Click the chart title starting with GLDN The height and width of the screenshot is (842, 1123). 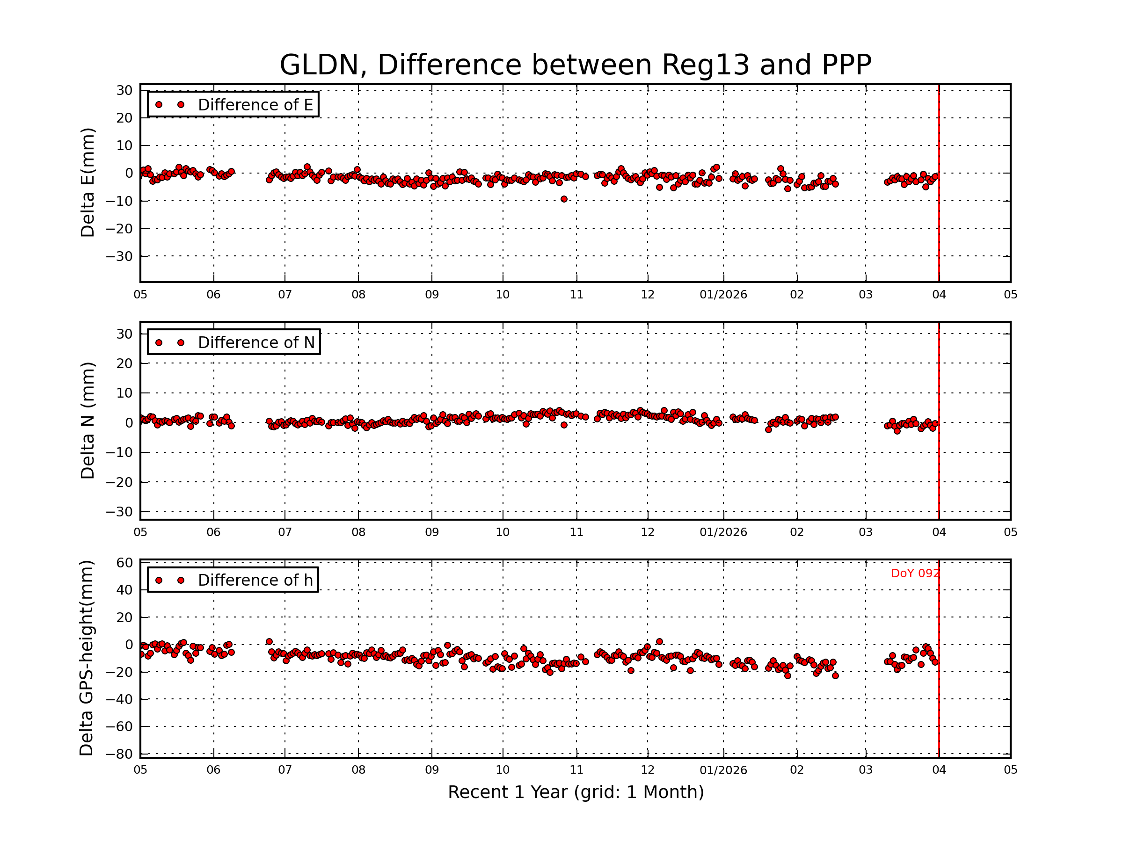pos(575,65)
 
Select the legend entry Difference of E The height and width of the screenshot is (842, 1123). pos(255,105)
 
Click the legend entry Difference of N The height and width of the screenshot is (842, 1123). pos(256,342)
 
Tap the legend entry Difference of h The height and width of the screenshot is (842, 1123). pos(255,580)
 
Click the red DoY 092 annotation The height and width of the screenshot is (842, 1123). pos(915,573)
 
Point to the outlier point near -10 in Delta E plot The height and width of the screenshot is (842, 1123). pos(564,199)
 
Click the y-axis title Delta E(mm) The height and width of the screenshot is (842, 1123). pos(88,183)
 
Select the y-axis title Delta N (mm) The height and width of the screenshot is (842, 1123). pos(88,420)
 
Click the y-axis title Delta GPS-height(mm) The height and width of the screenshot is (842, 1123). pos(86,658)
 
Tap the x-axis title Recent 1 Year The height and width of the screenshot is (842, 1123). pos(576,792)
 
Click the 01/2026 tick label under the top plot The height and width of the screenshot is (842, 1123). pos(723,295)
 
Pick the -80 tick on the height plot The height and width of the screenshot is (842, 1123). pos(119,754)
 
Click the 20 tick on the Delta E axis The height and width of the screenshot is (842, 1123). pos(124,118)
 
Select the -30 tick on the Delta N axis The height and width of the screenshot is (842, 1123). pos(119,512)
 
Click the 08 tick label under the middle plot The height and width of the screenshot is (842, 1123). pos(358,532)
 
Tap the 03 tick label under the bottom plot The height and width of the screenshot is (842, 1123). pos(866,770)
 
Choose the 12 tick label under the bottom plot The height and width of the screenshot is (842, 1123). pos(647,770)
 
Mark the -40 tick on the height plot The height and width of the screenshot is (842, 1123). pos(119,699)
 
